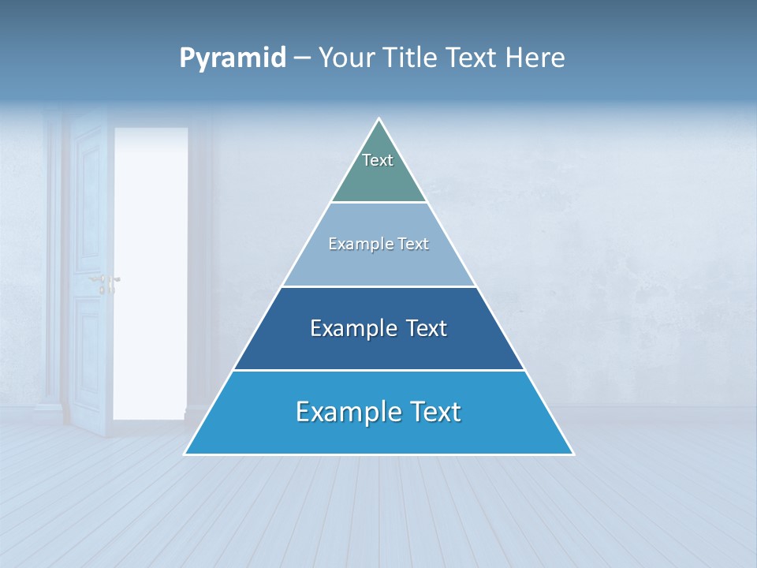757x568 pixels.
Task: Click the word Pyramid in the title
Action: (x=233, y=58)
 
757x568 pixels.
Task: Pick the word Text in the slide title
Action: (x=473, y=58)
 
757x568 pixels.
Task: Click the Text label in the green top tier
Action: (x=378, y=160)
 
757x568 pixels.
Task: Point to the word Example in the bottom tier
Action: (x=345, y=412)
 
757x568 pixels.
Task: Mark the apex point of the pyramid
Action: (x=379, y=119)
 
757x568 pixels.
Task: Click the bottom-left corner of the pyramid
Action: (x=185, y=454)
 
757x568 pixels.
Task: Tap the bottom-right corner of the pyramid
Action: (x=572, y=454)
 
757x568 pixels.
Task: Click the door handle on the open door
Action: (x=105, y=280)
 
